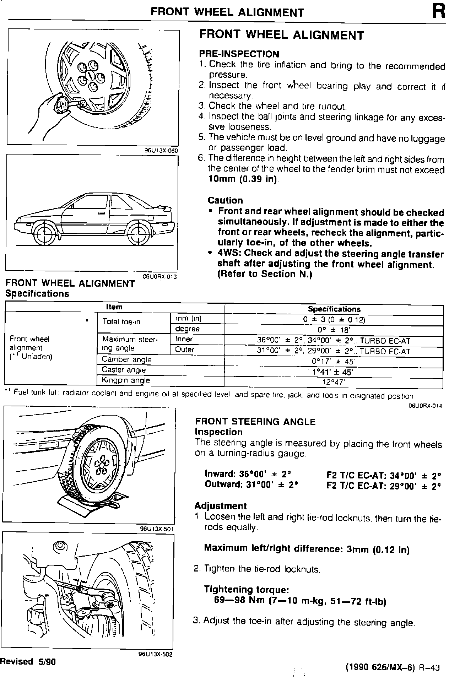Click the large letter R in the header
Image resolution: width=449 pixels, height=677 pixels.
click(438, 12)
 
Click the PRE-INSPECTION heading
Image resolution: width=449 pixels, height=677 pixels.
click(239, 54)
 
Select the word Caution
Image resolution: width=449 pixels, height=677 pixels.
click(225, 200)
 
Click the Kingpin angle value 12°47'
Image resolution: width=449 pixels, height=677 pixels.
click(334, 383)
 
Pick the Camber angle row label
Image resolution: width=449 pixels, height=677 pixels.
click(126, 359)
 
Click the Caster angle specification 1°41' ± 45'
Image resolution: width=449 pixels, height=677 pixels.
click(334, 372)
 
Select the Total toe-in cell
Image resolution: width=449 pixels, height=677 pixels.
click(121, 322)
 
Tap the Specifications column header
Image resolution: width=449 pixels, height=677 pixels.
click(334, 309)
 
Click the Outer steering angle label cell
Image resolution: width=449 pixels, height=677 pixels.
click(185, 350)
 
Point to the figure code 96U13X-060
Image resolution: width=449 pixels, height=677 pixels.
click(161, 150)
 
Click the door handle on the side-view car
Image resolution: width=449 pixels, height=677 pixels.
click(102, 213)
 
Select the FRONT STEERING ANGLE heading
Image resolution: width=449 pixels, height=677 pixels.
click(255, 422)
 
